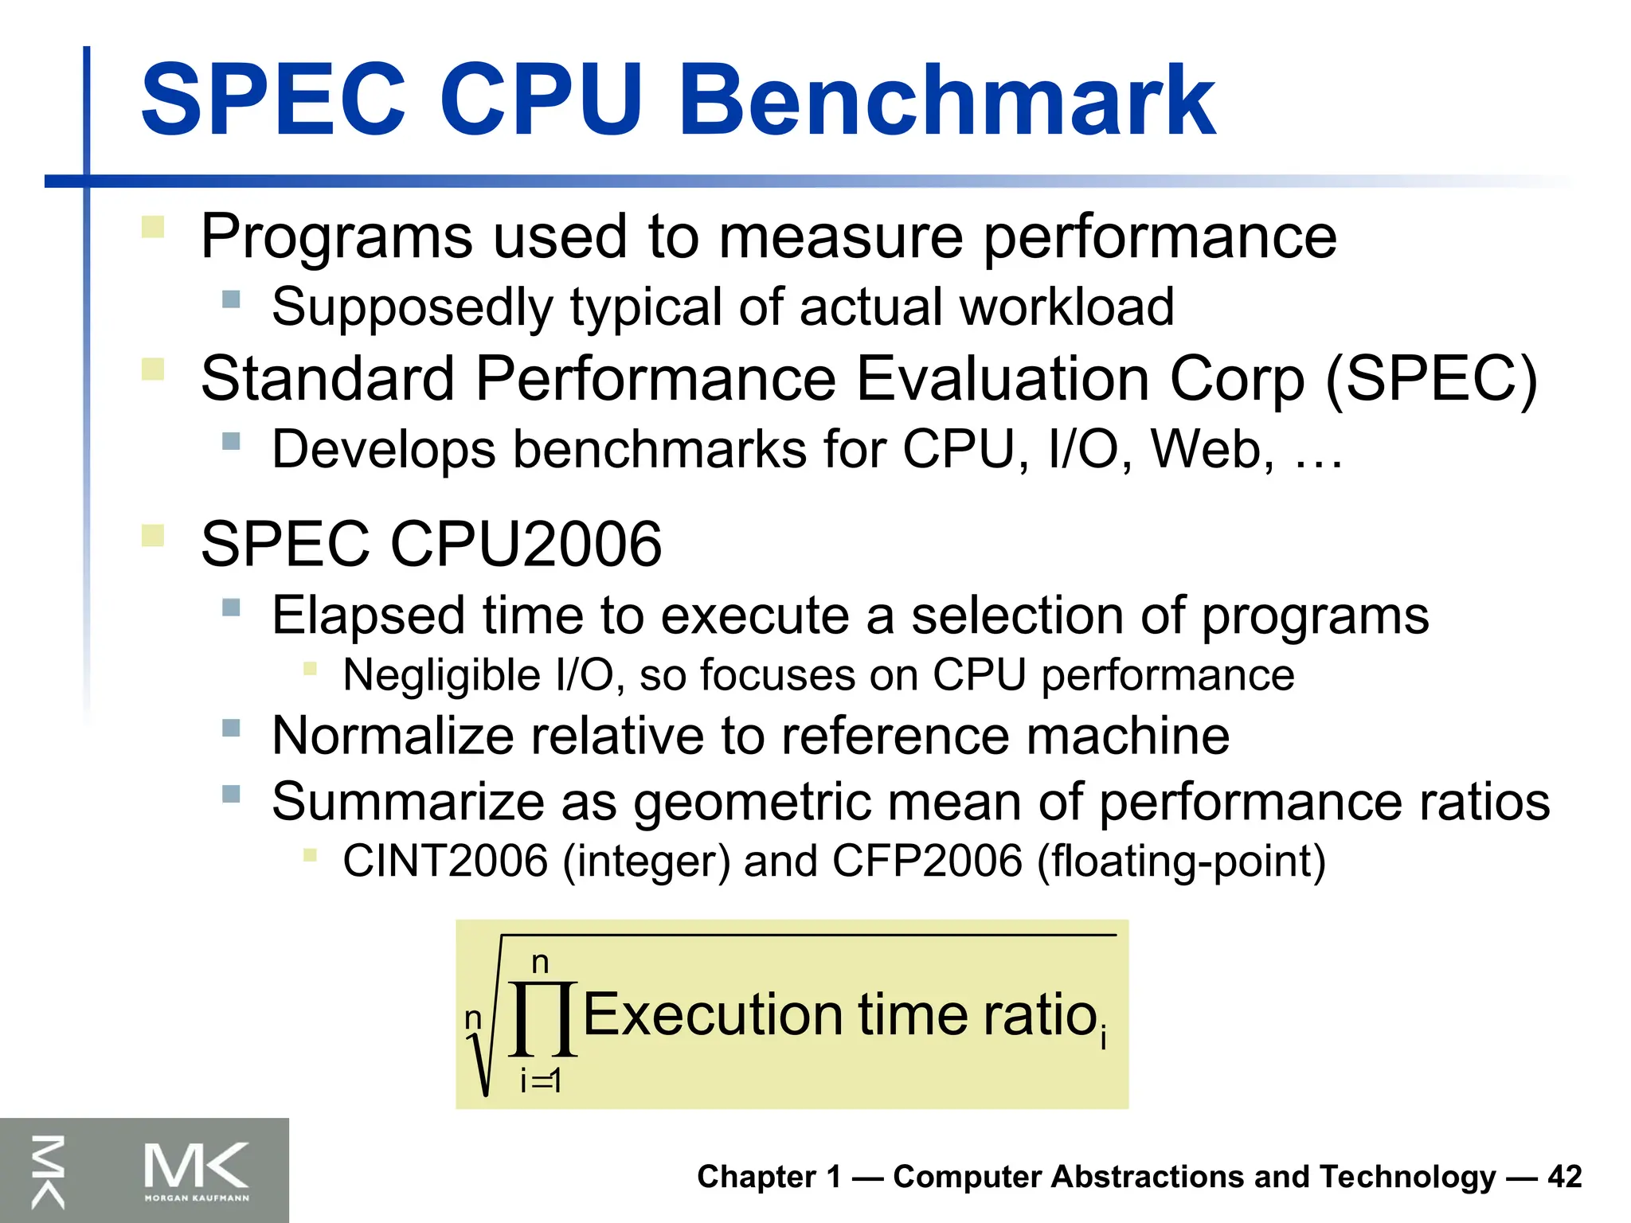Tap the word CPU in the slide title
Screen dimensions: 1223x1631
(541, 101)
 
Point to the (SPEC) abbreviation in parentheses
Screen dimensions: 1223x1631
(1431, 380)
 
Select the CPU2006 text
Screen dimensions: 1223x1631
(526, 545)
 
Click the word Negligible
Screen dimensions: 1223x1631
(442, 676)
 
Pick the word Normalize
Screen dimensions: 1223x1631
(391, 735)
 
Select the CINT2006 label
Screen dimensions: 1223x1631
(445, 861)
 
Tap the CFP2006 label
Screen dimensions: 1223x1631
(927, 861)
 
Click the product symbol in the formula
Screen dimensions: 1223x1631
(542, 1018)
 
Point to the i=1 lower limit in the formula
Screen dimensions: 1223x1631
(541, 1080)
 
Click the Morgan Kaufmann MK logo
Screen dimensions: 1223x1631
(196, 1170)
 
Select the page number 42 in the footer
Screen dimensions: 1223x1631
(1564, 1177)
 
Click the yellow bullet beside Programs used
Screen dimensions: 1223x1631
(152, 228)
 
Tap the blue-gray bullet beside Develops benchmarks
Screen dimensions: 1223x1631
(231, 441)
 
